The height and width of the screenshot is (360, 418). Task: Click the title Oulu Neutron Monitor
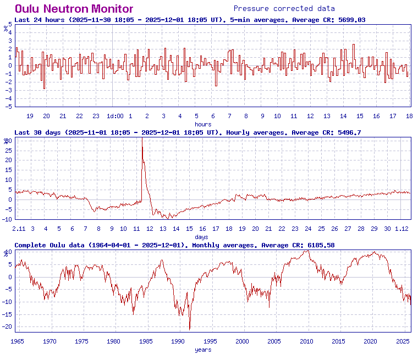74,9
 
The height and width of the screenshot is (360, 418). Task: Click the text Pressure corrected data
284,8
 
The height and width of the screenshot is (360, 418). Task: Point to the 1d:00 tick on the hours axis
115,116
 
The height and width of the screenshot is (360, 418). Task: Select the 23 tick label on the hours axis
96,116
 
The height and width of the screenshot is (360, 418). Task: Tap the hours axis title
203,124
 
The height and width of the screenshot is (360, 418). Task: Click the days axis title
201,237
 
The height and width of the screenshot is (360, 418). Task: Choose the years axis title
203,350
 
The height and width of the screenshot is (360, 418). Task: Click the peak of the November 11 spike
142,139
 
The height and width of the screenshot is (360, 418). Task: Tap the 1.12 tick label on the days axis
403,229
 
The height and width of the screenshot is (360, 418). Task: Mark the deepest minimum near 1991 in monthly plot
190,330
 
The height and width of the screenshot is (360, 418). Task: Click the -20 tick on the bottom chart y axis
8,326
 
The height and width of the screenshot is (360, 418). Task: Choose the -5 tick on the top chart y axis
8,107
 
